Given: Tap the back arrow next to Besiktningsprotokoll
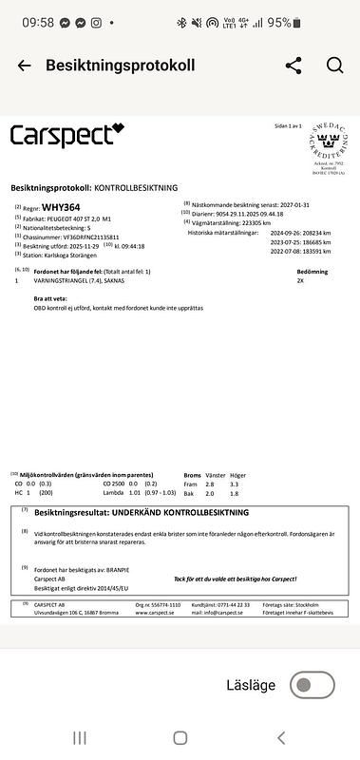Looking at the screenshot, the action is pos(24,66).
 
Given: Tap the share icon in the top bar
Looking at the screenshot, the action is pos(294,66).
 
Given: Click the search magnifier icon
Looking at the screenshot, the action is pos(334,66).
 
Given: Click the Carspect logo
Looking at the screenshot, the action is pos(66,135).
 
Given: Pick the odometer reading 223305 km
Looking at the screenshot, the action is pos(252,222).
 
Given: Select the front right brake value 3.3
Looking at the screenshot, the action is pos(234,484).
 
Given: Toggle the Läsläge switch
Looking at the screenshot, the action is pos(312,684).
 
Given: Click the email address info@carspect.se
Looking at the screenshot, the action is pos(216,613).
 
